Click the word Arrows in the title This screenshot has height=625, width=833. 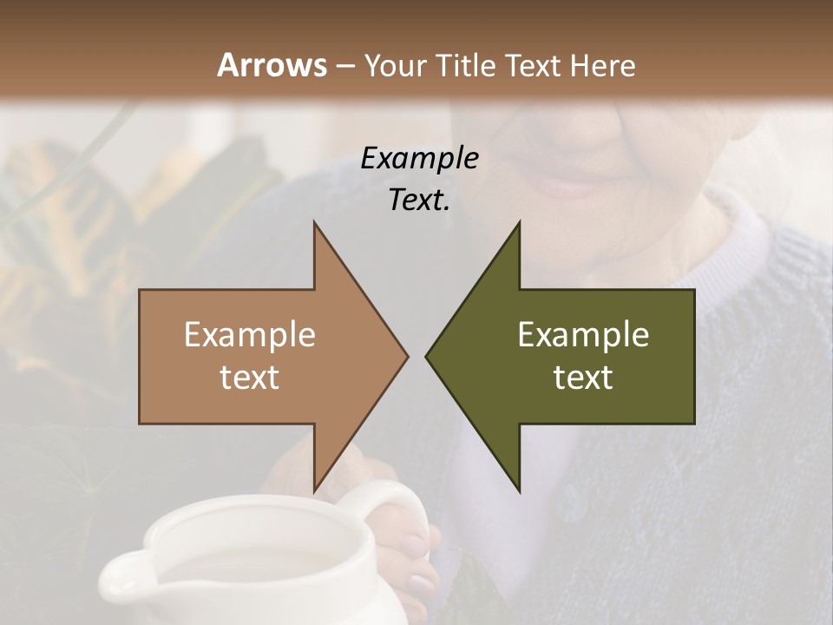click(x=272, y=65)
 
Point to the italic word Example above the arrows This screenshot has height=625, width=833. click(x=419, y=159)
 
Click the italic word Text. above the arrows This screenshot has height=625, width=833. click(x=419, y=200)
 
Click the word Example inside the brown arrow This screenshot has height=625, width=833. click(x=250, y=334)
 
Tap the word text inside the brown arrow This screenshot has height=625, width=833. click(x=250, y=378)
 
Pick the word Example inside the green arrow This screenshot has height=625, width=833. click(x=583, y=334)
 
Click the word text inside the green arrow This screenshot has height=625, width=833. click(x=583, y=378)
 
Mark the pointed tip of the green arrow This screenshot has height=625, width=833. click(x=428, y=356)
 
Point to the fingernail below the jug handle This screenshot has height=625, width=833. click(x=423, y=585)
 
